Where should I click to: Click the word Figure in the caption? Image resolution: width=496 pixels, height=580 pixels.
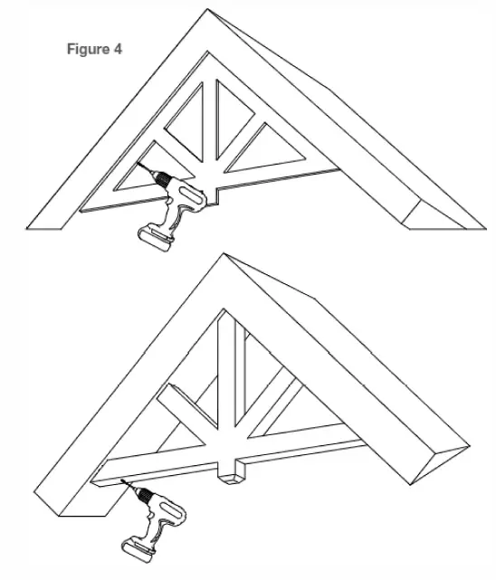pos(88,49)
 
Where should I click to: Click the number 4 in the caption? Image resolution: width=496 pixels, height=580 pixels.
pos(118,49)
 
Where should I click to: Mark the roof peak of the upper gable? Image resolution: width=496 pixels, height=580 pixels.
pos(209,14)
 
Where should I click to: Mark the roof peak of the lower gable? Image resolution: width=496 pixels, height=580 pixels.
pos(223,258)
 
